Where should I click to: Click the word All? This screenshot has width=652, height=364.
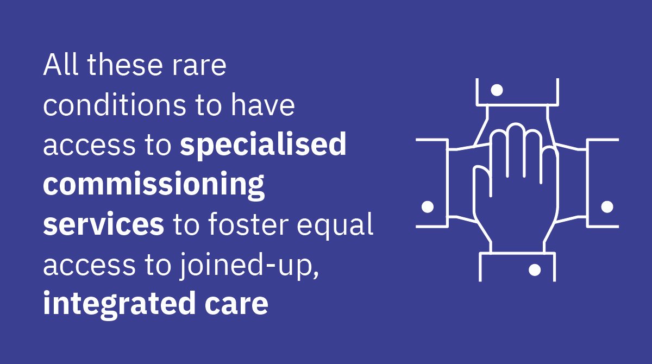coord(61,66)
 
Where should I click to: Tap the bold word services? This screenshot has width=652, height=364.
coord(104,225)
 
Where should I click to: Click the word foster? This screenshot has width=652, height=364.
coord(250,225)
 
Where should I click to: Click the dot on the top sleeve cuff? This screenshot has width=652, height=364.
coord(497,90)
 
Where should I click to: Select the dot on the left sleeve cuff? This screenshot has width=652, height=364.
coord(428,206)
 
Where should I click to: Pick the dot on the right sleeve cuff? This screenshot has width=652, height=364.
coord(607,206)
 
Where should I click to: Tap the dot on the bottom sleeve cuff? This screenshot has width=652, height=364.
coord(535,269)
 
